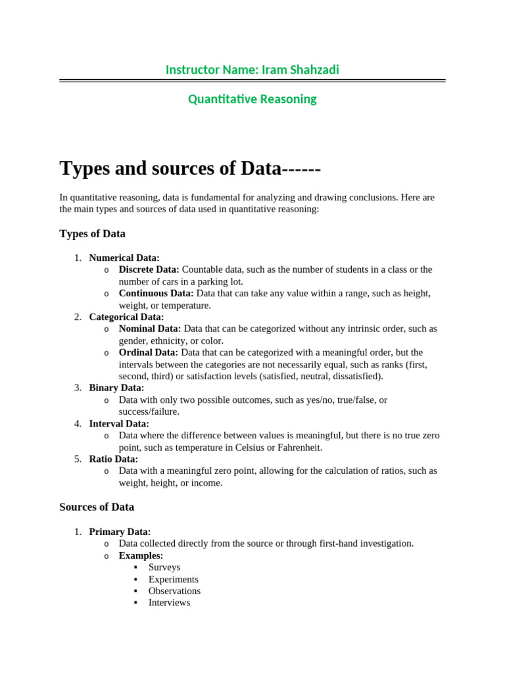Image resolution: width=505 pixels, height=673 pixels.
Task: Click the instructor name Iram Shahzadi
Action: [301, 70]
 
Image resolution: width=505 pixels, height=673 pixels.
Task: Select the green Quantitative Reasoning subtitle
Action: [252, 99]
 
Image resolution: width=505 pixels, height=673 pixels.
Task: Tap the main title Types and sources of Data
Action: [190, 168]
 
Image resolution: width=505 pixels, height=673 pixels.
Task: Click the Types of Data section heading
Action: [92, 234]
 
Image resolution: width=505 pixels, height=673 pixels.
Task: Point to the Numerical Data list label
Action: [124, 258]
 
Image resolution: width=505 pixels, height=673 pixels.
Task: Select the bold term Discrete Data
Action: [149, 269]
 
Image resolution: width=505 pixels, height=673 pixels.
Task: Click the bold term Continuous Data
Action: [156, 293]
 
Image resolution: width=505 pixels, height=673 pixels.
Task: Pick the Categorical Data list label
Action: [126, 317]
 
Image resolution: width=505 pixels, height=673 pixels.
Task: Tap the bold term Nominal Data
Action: [149, 329]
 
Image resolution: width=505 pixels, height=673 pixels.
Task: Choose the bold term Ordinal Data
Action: [148, 352]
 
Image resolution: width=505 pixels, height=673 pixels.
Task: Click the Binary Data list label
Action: [116, 388]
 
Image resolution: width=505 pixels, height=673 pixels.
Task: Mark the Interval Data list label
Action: [119, 424]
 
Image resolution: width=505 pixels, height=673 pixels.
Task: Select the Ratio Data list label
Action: [114, 459]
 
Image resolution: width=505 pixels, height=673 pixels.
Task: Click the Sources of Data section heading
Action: [97, 507]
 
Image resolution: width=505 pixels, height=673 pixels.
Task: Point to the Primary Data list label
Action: [120, 532]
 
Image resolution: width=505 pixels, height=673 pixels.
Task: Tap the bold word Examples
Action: [141, 555]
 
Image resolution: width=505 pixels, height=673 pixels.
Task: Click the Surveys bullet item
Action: [164, 567]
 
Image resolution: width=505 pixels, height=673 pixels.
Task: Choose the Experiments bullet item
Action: [173, 579]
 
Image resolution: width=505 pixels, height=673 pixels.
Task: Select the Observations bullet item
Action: [174, 591]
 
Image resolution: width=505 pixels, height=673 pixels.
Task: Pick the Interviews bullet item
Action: [169, 603]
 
